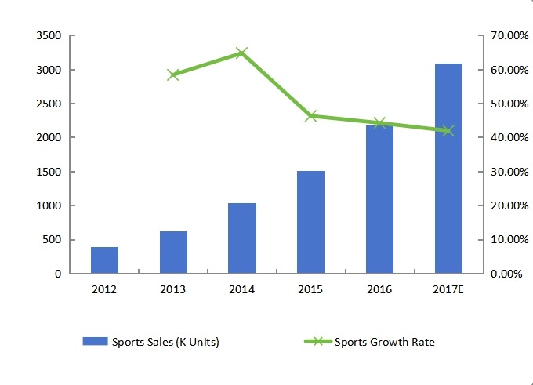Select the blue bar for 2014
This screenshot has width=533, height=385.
[x=242, y=238]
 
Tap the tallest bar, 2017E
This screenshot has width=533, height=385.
[x=448, y=169]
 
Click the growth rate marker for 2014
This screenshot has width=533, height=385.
[x=242, y=53]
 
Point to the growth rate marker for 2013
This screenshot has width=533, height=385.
[x=173, y=74]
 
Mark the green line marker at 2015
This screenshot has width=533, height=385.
[x=310, y=116]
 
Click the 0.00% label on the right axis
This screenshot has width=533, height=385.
[x=506, y=274]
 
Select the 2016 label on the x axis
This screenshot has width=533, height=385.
[x=379, y=290]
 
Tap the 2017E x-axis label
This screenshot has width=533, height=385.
[x=448, y=290]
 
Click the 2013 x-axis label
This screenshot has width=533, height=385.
[x=173, y=290]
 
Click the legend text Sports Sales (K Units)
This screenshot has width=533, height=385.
[x=165, y=341]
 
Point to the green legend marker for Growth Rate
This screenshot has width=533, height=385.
[x=317, y=341]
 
